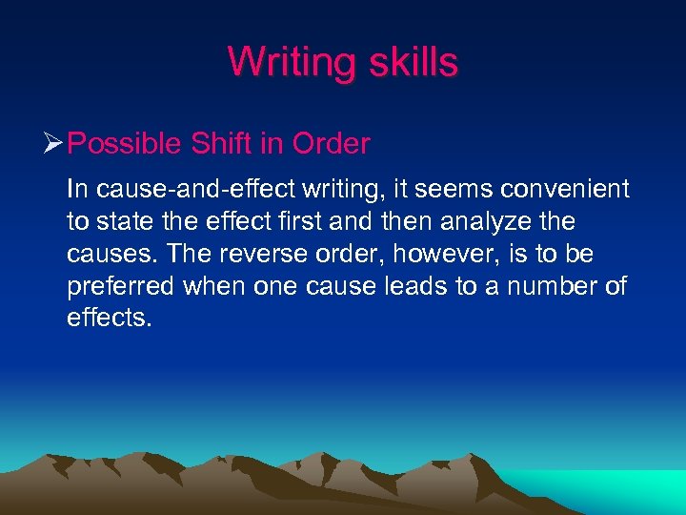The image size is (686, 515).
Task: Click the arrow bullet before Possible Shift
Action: [x=54, y=145]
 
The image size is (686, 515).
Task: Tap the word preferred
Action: [x=119, y=287]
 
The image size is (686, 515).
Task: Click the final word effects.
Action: [x=109, y=319]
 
